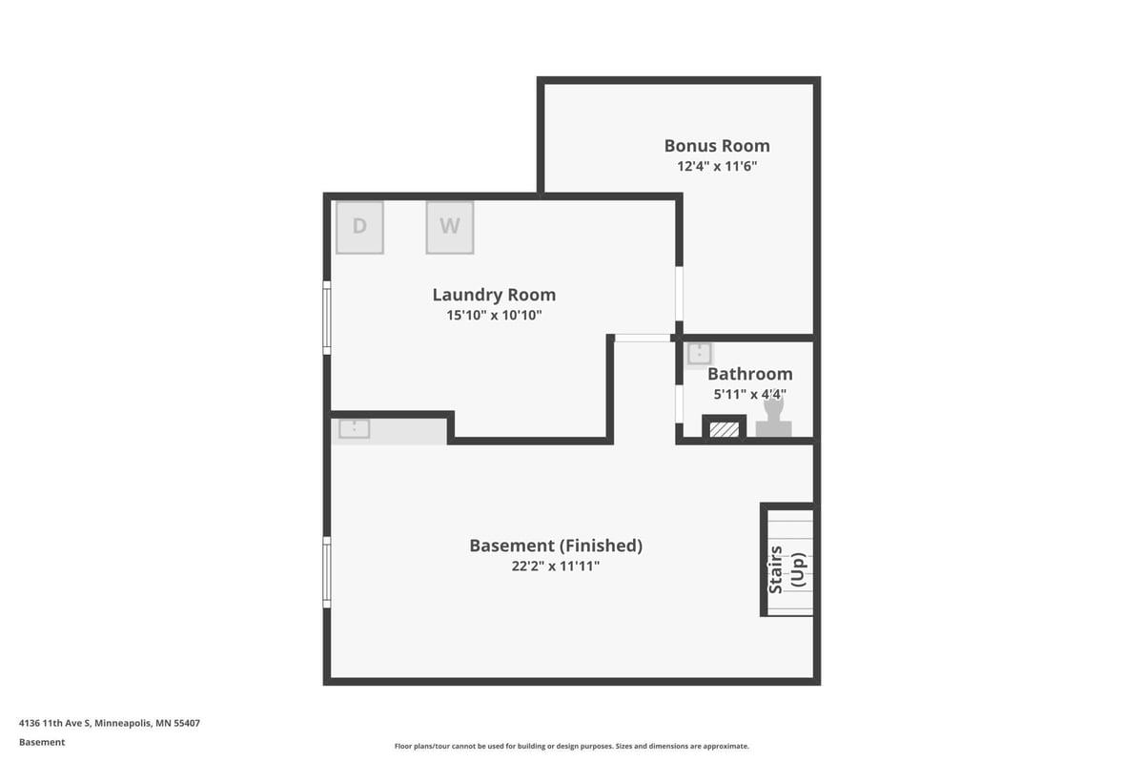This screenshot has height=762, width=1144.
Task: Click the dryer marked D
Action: (x=359, y=227)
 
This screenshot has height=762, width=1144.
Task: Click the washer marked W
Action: (x=449, y=227)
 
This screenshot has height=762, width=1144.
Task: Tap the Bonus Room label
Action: (x=717, y=146)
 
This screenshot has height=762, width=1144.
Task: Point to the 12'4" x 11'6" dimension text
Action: (x=717, y=166)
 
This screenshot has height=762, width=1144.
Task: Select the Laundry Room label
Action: (x=494, y=295)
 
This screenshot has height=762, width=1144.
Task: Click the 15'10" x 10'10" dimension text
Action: (x=494, y=316)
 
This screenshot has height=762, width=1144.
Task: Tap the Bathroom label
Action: (x=749, y=374)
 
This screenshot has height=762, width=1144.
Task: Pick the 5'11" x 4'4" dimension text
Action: (x=749, y=395)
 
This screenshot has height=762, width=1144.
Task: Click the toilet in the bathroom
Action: (x=774, y=417)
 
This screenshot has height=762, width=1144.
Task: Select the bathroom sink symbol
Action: (x=699, y=354)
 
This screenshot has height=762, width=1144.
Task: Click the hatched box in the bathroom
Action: (x=725, y=429)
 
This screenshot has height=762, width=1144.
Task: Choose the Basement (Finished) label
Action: (x=556, y=546)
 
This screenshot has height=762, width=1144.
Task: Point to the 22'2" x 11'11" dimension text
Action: (x=556, y=566)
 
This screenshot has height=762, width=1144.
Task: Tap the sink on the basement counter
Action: (x=354, y=428)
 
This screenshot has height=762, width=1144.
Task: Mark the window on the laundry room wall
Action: (x=327, y=318)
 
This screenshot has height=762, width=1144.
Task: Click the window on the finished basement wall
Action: (x=327, y=572)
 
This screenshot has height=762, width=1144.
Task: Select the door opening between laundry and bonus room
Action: (x=679, y=294)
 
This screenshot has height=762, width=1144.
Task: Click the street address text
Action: (x=110, y=723)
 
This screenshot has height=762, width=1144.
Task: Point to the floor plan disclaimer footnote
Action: (x=571, y=746)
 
